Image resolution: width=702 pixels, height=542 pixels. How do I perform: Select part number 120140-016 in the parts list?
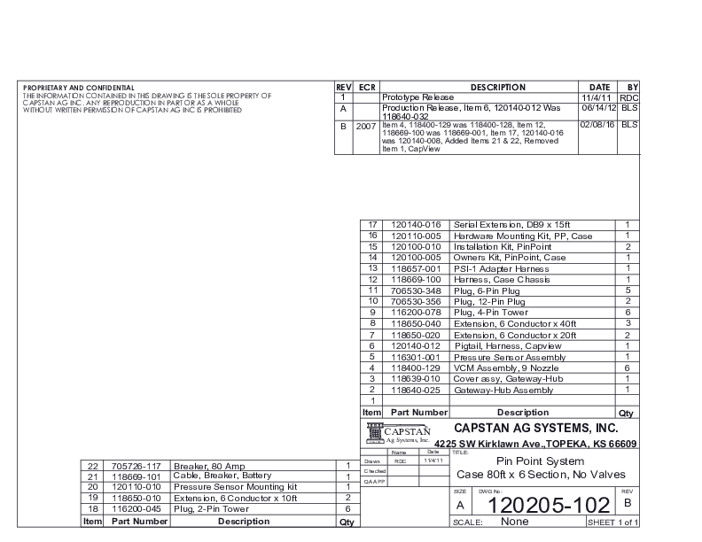click(416, 225)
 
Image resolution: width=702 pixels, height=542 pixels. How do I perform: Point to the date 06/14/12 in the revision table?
click(598, 107)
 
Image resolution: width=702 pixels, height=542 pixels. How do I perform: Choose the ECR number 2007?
click(366, 126)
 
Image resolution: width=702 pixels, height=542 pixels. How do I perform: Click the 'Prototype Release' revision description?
click(417, 97)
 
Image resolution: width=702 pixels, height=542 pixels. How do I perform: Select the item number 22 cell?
click(93, 465)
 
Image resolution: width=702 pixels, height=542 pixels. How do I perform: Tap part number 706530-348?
click(416, 290)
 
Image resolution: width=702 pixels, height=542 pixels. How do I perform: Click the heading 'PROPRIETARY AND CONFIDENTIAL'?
click(79, 88)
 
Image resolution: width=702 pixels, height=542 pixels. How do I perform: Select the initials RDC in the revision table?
click(628, 97)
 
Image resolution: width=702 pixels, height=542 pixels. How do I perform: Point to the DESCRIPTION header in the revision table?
click(498, 87)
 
